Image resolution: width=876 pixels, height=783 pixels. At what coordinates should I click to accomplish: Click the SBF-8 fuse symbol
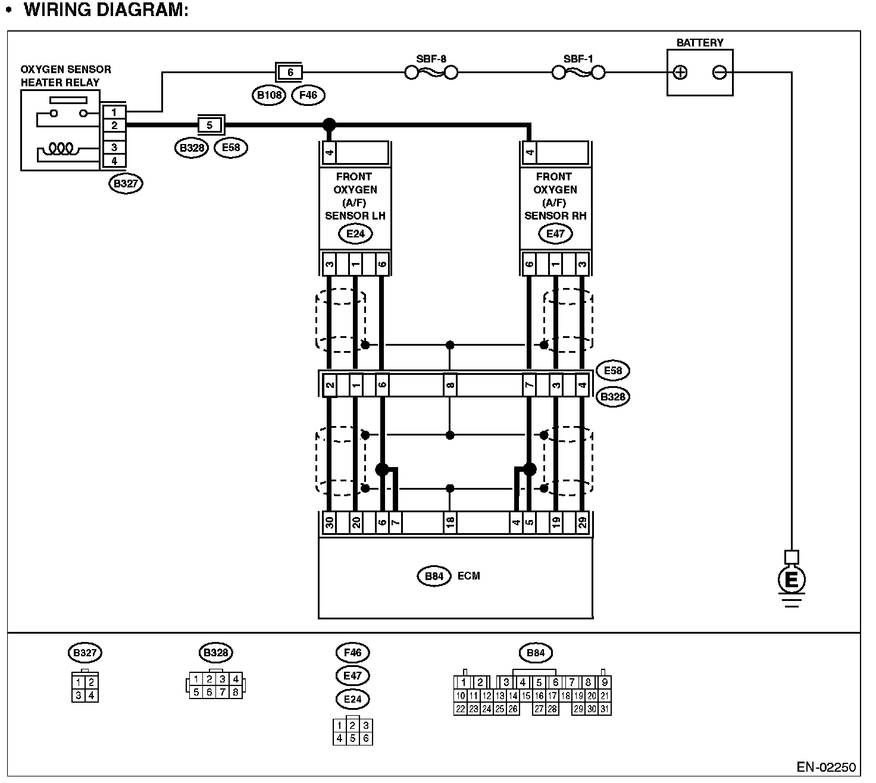pos(431,73)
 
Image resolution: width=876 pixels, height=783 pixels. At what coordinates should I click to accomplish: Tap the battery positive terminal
pos(680,73)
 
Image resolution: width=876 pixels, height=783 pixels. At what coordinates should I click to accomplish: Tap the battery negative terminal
pos(719,73)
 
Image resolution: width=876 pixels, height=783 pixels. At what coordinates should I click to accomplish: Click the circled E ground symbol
pos(791,579)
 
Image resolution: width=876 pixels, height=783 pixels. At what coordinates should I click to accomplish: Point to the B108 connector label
pos(270,95)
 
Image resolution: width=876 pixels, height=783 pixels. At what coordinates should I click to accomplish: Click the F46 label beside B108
pos(308,95)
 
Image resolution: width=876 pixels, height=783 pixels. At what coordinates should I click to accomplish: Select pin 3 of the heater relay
pos(114,148)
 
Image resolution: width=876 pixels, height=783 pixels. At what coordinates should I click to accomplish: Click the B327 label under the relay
pos(126,183)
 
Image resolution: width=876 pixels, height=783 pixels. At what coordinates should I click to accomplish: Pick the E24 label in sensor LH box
pos(355,234)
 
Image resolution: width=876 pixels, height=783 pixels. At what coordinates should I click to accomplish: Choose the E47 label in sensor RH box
pos(555,234)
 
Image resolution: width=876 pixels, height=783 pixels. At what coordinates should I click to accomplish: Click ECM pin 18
pos(450,524)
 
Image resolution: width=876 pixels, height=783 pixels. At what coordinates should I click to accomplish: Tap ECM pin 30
pos(329,524)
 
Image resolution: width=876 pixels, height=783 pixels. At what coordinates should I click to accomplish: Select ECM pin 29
pos(583,524)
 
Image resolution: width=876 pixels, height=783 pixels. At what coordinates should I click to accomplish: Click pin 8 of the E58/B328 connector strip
pos(450,385)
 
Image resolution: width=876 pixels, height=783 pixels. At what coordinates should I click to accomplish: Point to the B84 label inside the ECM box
pos(434,576)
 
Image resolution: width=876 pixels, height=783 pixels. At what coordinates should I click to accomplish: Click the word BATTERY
pos(700,43)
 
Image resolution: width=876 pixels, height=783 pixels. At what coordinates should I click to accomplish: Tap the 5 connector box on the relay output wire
pos(209,126)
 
